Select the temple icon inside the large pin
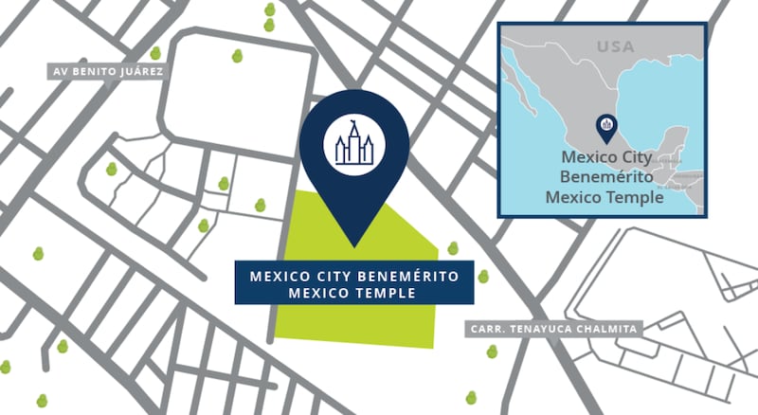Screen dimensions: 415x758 pos(354,144)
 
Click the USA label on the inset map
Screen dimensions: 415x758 pos(615,46)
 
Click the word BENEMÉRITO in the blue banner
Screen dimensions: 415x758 pos(412,276)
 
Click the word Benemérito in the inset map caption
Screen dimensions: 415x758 pos(603,176)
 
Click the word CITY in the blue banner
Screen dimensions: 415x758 pos(339,276)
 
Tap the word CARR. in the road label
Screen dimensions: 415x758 pos(485,329)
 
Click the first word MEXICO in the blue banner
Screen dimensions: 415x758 pos(280,276)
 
